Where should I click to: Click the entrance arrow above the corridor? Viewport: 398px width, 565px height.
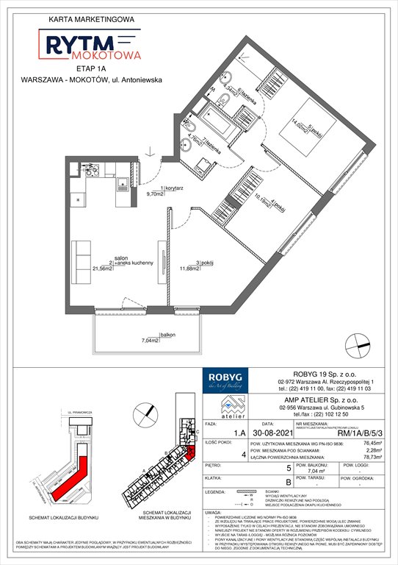point(150,153)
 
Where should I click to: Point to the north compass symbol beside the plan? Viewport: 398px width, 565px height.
point(357,341)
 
